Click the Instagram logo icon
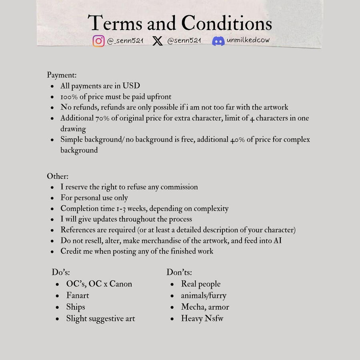pos(98,41)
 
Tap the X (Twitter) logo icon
pos(158,41)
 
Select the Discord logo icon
pos(218,41)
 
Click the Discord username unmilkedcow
pos(248,40)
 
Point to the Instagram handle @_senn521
pos(125,41)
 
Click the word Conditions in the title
pos(226,23)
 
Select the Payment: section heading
pos(62,75)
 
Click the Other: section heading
pos(58,176)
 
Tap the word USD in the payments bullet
pos(131,86)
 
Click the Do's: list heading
pos(61,272)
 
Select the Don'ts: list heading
pos(179,272)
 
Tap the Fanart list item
pos(78,296)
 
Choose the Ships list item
pos(76,307)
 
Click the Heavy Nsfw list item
pos(202,319)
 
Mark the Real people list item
pos(201,284)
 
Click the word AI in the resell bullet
pos(278,241)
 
